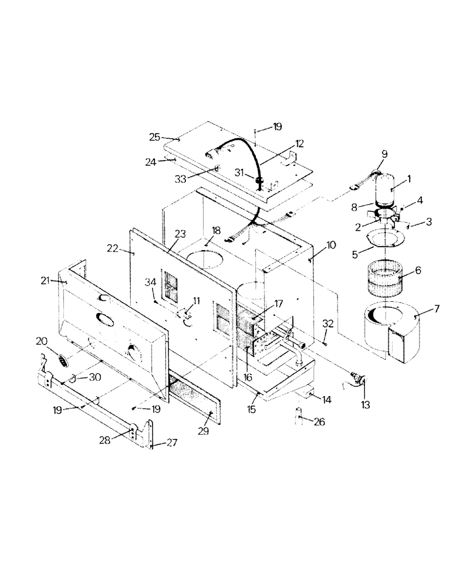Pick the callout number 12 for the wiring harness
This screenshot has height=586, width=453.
point(299,143)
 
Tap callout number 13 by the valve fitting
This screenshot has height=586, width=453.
point(365,404)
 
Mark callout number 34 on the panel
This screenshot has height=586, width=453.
point(150,282)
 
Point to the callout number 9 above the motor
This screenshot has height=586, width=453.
point(384,154)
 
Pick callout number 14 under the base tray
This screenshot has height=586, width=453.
point(326,399)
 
